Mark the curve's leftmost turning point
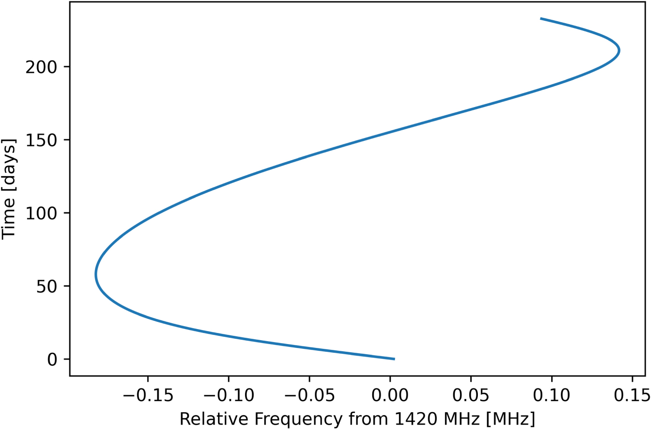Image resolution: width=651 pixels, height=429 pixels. click(x=96, y=275)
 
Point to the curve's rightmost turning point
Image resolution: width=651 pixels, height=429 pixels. click(x=619, y=50)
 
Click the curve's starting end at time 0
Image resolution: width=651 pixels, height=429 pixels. click(x=394, y=359)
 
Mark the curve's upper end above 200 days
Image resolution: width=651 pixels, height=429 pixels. click(x=541, y=19)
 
